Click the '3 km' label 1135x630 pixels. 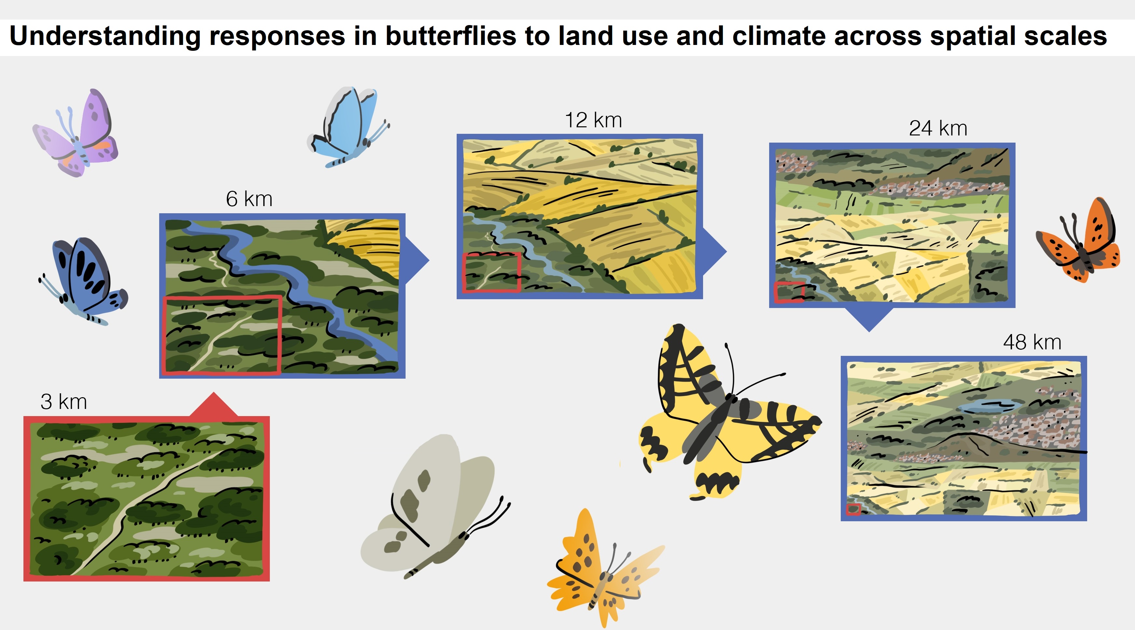tap(64, 402)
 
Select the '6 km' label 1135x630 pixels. tap(249, 199)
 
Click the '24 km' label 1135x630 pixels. tap(938, 128)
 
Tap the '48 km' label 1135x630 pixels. tap(1032, 342)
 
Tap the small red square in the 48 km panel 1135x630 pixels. tap(853, 509)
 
